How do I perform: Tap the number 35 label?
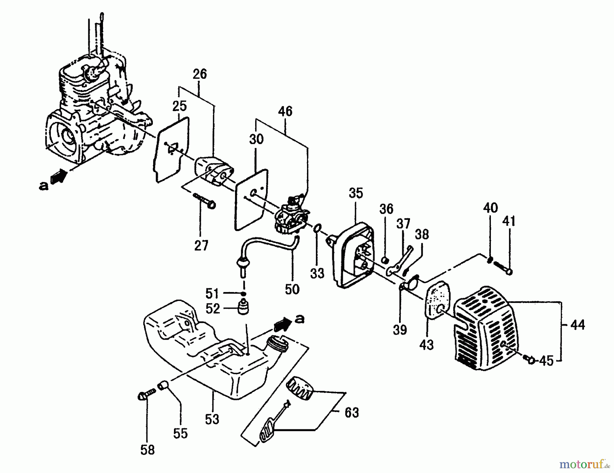click(x=356, y=193)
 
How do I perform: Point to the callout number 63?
click(x=352, y=413)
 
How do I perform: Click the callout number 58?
click(x=147, y=450)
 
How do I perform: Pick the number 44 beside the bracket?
click(x=578, y=325)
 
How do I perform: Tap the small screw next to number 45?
click(x=530, y=359)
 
